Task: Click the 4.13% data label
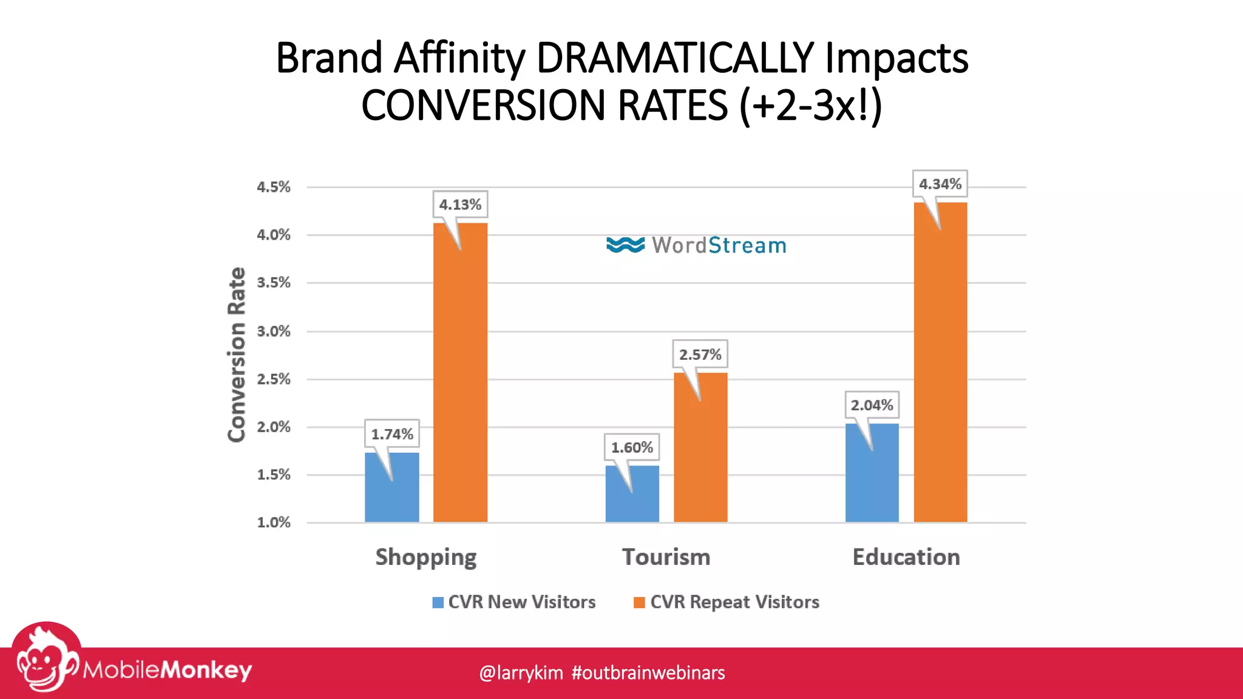[x=460, y=204]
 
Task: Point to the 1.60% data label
[x=632, y=447]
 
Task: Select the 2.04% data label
[x=872, y=405]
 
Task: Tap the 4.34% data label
[x=940, y=184]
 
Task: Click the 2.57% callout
[x=700, y=354]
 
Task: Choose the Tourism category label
[x=666, y=557]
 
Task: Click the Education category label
[x=906, y=557]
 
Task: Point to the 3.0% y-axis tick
[x=273, y=331]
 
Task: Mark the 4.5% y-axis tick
[x=273, y=187]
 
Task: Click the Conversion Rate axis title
[x=236, y=354]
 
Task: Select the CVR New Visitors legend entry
[x=515, y=602]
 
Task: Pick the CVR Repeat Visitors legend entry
[x=726, y=602]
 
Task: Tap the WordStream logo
[x=696, y=245]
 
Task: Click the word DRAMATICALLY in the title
[x=674, y=58]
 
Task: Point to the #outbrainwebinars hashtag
[x=648, y=672]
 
